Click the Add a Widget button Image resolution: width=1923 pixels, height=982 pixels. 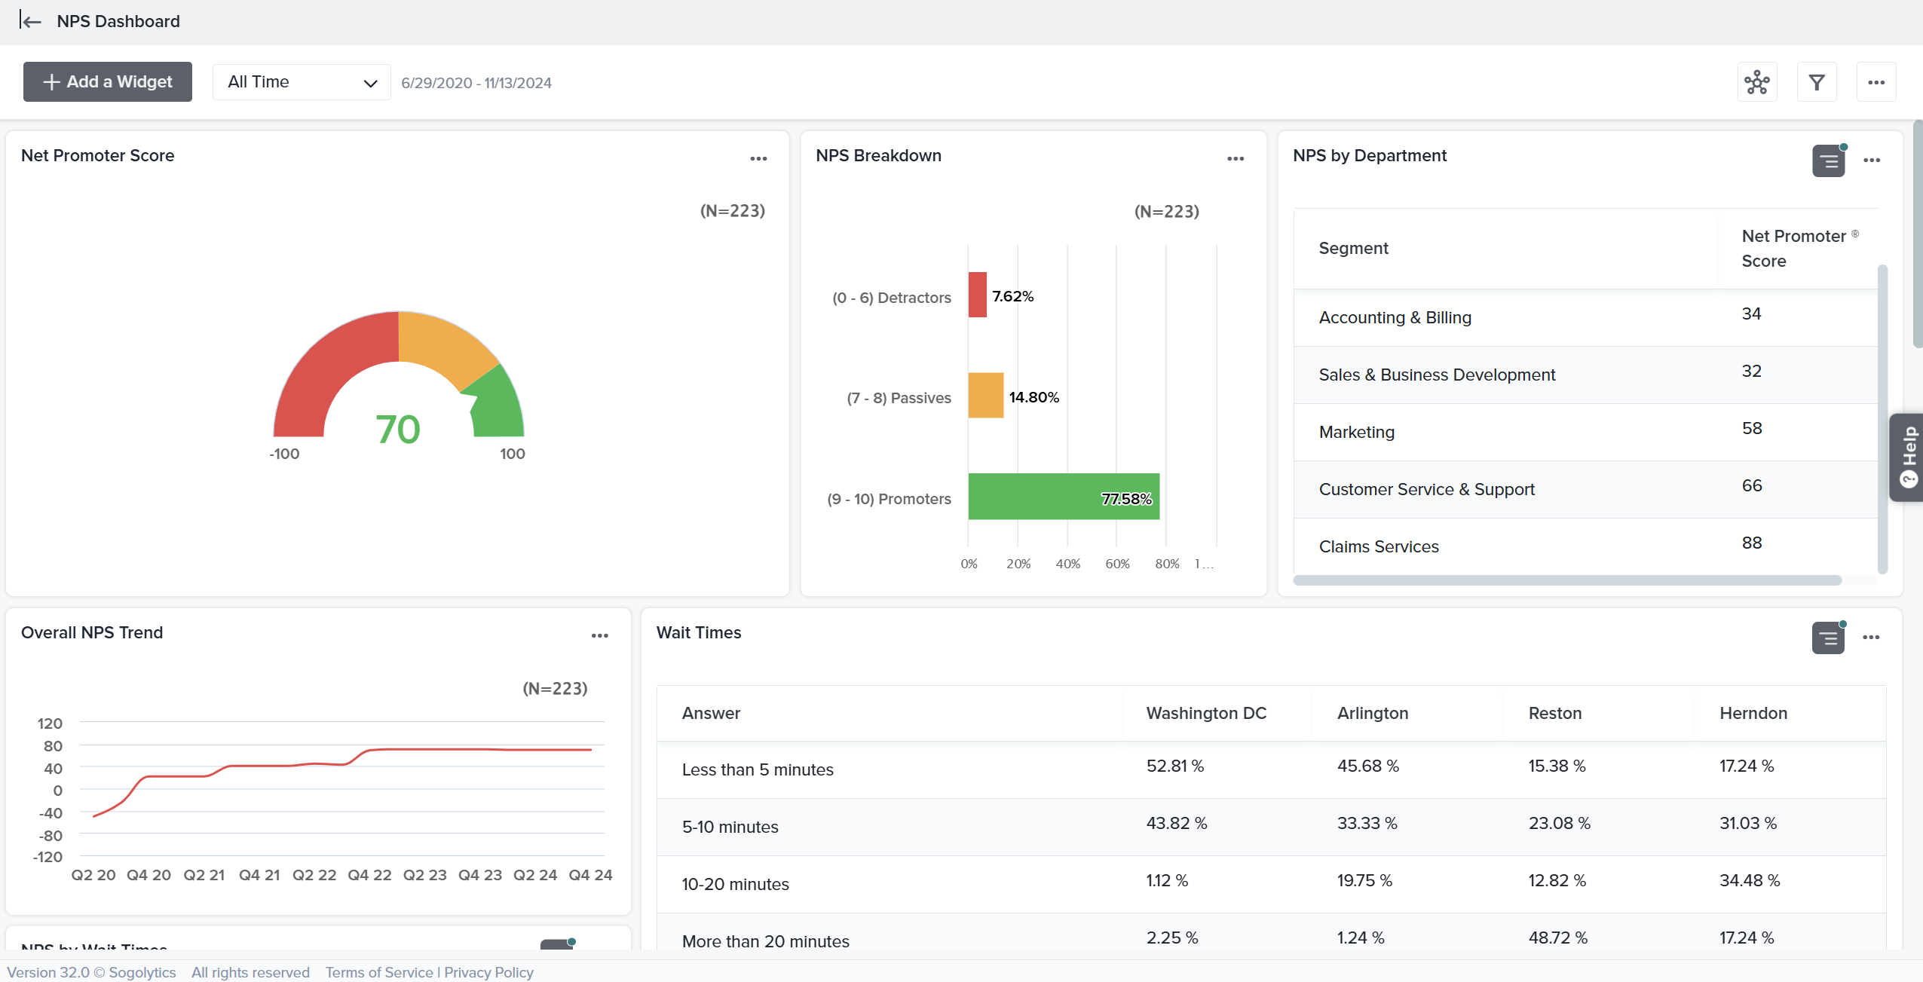(x=108, y=81)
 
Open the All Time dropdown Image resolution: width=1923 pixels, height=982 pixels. (x=302, y=82)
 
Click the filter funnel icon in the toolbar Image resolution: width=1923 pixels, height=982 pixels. (x=1817, y=82)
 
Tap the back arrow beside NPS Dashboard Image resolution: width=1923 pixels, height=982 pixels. (x=31, y=21)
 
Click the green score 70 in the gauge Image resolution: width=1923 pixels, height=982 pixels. (x=398, y=430)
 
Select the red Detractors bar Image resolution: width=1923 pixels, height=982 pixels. (x=977, y=295)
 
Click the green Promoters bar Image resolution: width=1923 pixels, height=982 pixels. (x=1063, y=497)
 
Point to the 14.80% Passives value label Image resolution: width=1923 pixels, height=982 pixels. (x=1033, y=397)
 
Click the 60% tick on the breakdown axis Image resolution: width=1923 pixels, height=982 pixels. (x=1117, y=564)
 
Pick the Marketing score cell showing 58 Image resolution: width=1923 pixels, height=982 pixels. (x=1751, y=428)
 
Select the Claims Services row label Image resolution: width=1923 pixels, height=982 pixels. (x=1378, y=546)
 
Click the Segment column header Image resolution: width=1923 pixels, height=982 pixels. (x=1353, y=248)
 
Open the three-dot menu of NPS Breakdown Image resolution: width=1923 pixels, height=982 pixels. (x=1235, y=158)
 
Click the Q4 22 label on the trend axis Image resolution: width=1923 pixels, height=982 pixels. (x=369, y=875)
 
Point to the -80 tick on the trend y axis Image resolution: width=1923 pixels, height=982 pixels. (x=51, y=835)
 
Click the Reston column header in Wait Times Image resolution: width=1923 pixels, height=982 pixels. (x=1554, y=713)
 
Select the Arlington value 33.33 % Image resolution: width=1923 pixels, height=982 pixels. (x=1367, y=823)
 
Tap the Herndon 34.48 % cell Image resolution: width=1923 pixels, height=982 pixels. (x=1749, y=880)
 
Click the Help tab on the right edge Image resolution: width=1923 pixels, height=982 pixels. (x=1908, y=457)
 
